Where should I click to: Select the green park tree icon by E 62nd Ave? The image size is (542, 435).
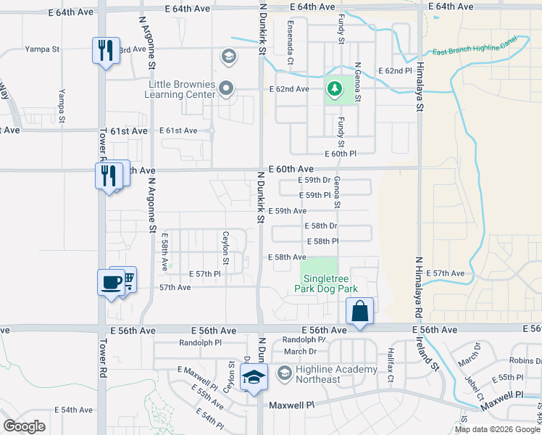[x=333, y=90]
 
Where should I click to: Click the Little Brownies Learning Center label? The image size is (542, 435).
[x=180, y=89]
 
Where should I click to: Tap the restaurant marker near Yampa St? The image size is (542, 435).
[x=105, y=51]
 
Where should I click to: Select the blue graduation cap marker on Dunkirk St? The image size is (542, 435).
[x=254, y=377]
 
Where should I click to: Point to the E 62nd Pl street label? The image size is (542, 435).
[x=395, y=71]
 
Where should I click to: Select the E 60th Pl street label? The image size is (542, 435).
[x=341, y=154]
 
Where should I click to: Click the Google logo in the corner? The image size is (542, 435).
[x=25, y=426]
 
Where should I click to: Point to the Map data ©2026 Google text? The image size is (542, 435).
[x=497, y=429]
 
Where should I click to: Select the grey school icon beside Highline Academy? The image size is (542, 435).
[x=285, y=374]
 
